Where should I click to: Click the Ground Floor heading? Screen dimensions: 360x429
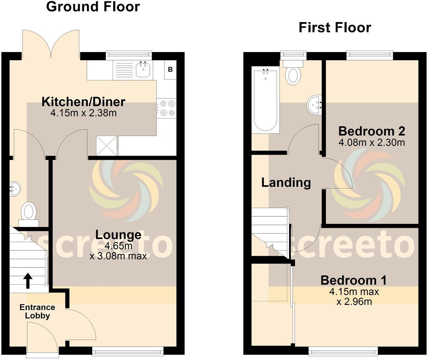coord(93,7)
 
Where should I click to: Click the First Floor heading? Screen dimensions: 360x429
coord(335,27)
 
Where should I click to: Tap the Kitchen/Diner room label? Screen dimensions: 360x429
coord(83,102)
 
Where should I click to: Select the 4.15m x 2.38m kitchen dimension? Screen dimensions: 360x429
coord(84,114)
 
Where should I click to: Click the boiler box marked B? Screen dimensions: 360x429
coord(170,70)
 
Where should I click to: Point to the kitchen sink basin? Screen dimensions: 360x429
coord(143,70)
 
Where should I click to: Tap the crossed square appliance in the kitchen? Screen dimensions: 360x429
coord(107,145)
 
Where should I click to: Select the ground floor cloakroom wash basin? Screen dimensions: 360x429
coord(15,188)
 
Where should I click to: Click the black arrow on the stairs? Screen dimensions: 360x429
coord(28,281)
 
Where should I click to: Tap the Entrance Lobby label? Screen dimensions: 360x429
coord(37,311)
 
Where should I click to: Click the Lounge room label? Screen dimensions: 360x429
coord(118,235)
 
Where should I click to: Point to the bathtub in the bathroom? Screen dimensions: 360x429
coord(265,101)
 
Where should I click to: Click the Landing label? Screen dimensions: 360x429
coord(286,182)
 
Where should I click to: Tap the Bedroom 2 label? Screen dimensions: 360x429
coord(371,131)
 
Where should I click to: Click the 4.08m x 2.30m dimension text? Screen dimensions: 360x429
coord(371,143)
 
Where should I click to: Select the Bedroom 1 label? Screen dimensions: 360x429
coord(353,280)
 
